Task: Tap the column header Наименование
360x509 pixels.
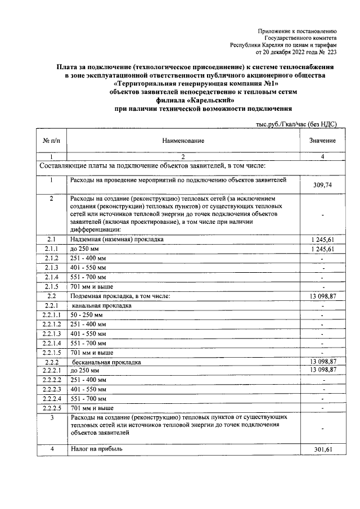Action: click(x=183, y=140)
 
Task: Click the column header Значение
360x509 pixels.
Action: click(x=322, y=140)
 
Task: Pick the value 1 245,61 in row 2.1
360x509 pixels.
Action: click(x=322, y=239)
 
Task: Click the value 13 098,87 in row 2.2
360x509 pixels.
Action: click(x=322, y=296)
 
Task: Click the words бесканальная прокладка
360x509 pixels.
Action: click(x=106, y=362)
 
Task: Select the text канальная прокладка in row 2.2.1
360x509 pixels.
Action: click(x=102, y=305)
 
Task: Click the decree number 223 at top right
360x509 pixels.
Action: click(x=331, y=53)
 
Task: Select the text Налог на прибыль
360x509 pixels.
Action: click(x=95, y=449)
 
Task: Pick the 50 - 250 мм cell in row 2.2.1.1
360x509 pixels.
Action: click(x=86, y=315)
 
